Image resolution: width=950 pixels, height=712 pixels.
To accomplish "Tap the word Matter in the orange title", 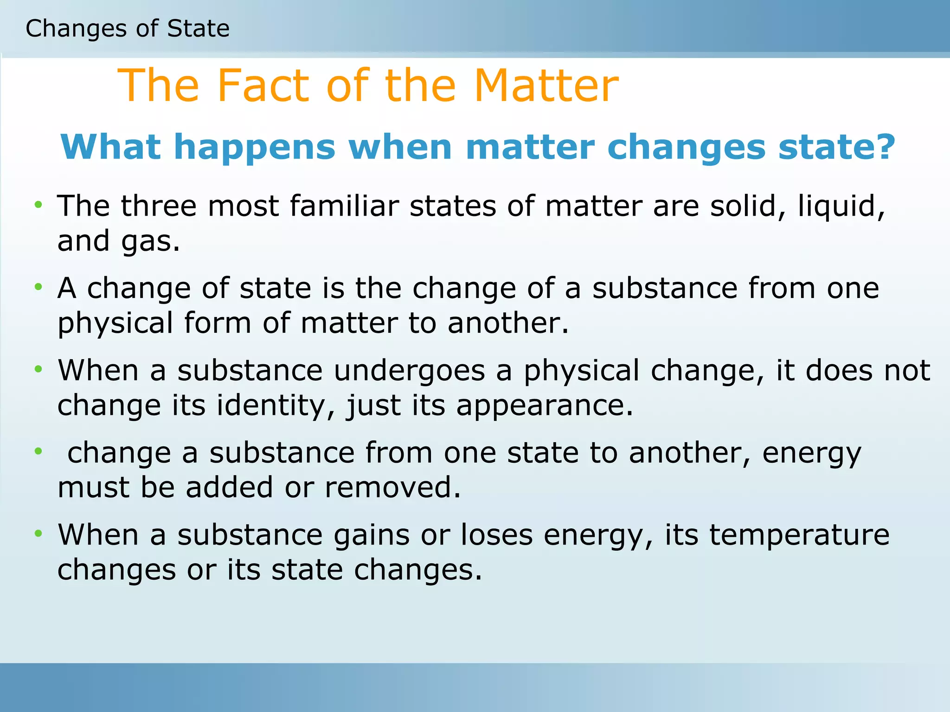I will pos(546,86).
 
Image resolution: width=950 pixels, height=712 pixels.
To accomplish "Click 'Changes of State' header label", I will pos(128,29).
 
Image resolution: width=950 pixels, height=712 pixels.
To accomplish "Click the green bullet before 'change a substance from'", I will pos(39,451).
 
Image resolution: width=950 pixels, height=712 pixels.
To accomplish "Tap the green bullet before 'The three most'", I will pos(39,204).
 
